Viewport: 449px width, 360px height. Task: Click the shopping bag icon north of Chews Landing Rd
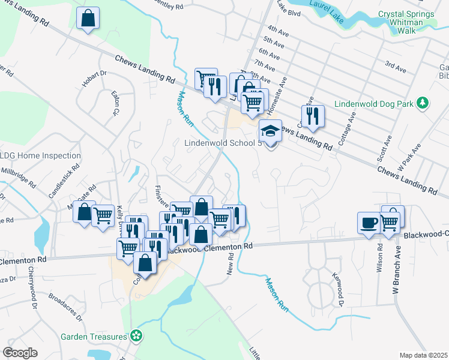(x=88, y=19)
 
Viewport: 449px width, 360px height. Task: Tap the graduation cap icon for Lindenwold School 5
(x=270, y=131)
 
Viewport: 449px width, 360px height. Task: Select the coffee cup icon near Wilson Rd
(x=369, y=222)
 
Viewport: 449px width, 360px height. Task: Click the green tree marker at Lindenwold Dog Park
(x=423, y=103)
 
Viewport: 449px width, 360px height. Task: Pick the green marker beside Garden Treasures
(x=137, y=336)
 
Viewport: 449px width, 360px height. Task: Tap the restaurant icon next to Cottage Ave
(x=313, y=115)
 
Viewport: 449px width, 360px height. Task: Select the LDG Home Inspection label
(x=40, y=155)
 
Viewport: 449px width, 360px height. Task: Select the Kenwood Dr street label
(x=337, y=289)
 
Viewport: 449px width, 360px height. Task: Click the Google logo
(x=20, y=353)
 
